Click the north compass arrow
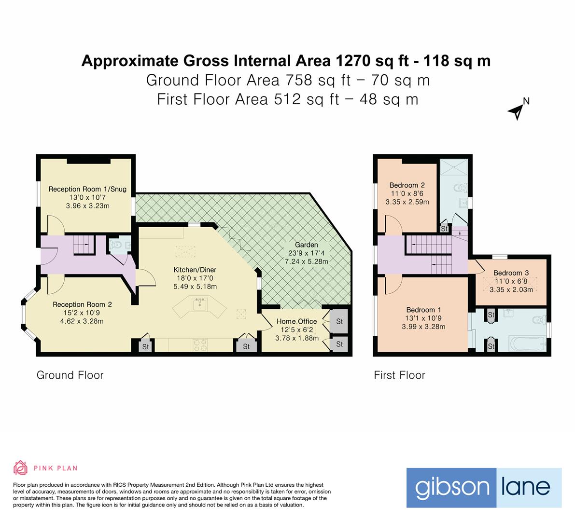pyautogui.click(x=516, y=111)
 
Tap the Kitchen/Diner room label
pyautogui.click(x=195, y=269)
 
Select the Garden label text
pyautogui.click(x=307, y=245)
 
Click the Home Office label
pyautogui.click(x=296, y=321)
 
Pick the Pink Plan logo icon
pyautogui.click(x=20, y=467)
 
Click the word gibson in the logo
pyautogui.click(x=445, y=487)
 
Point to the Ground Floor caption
pyautogui.click(x=70, y=375)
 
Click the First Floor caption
pyautogui.click(x=399, y=375)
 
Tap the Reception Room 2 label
pyautogui.click(x=82, y=304)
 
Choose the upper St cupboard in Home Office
pyautogui.click(x=339, y=322)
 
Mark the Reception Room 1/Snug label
pyautogui.click(x=87, y=189)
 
